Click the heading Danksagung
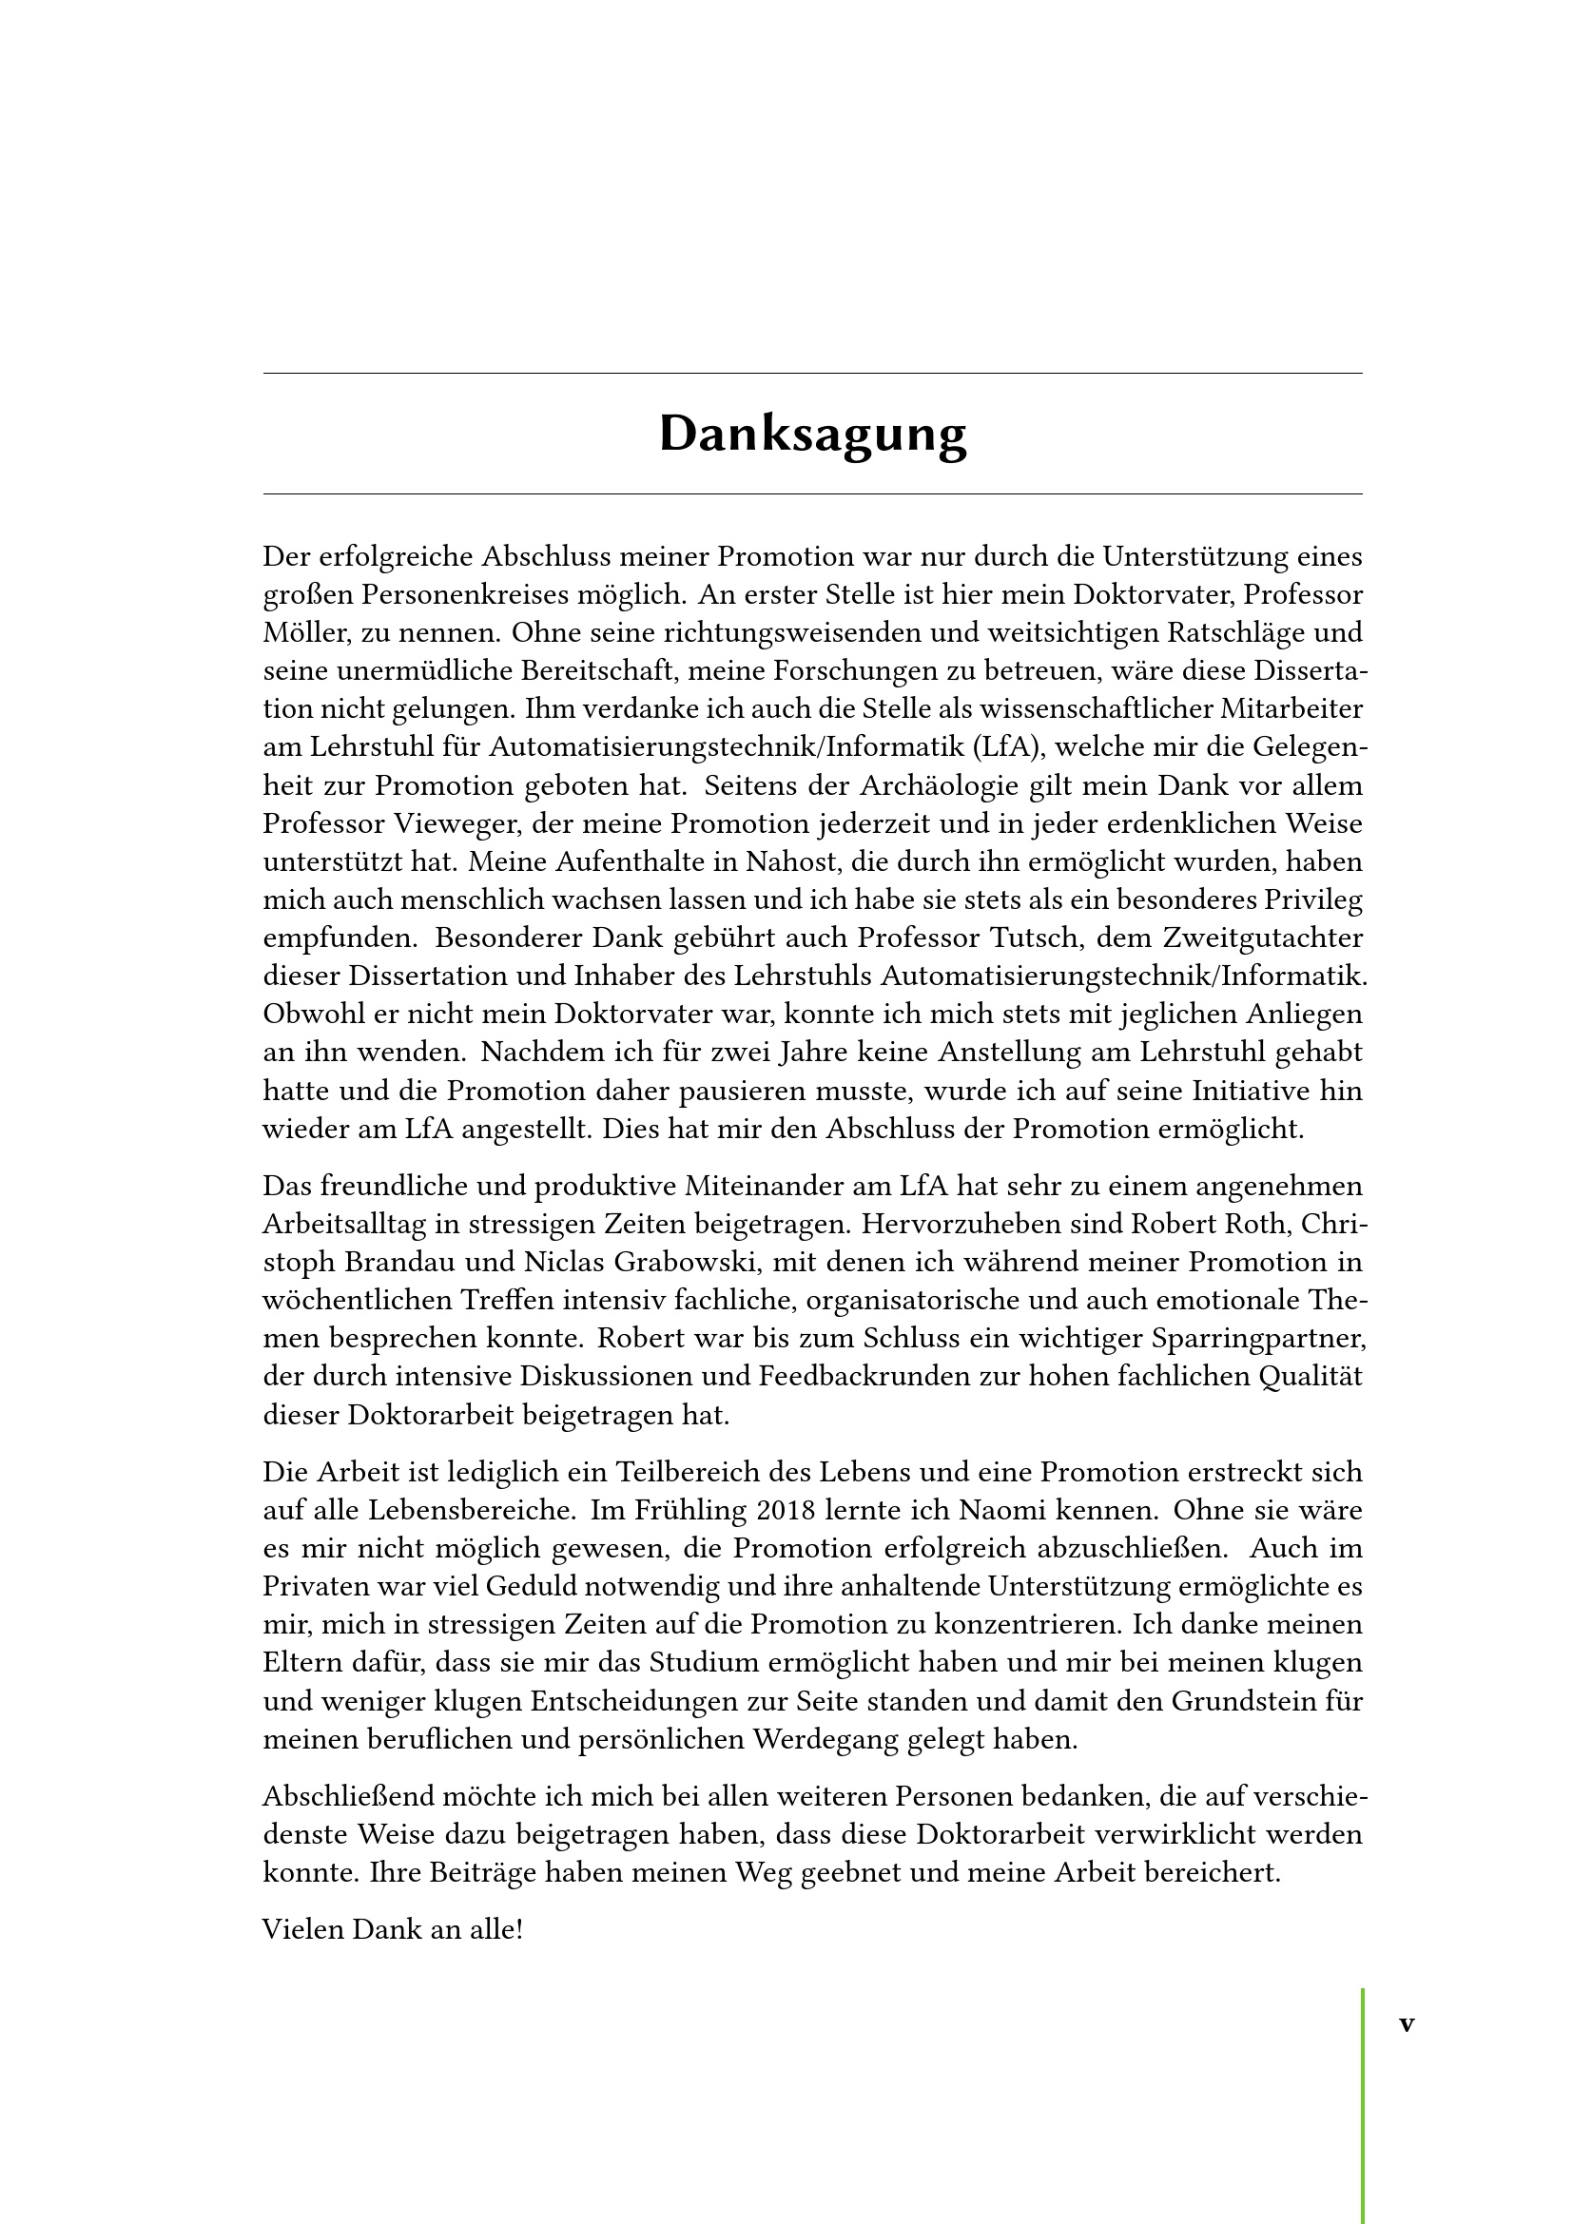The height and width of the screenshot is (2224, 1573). tap(812, 433)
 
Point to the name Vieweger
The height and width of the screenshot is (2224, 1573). tap(443, 823)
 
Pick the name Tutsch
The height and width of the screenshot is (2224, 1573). tap(1039, 938)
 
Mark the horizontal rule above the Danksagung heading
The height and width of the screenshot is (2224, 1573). tap(812, 373)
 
